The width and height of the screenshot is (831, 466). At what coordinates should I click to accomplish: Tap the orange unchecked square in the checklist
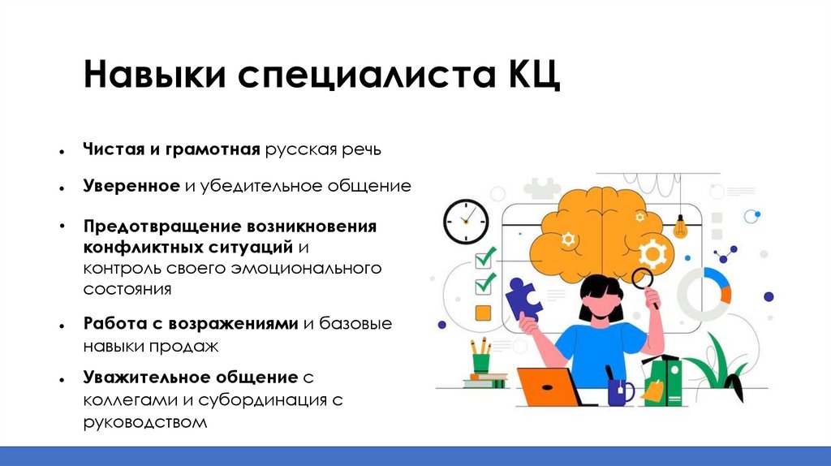483,313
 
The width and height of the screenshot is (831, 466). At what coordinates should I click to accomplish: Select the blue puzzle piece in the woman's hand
523,300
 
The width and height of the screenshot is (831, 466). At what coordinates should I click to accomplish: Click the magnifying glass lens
643,278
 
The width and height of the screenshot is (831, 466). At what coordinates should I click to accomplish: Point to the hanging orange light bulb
680,228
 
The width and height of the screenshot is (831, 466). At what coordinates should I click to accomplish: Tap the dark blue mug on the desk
619,392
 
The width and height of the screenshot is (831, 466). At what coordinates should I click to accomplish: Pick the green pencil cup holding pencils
481,363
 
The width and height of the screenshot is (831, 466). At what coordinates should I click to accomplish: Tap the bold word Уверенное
131,186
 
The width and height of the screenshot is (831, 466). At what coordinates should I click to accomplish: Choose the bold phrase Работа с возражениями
191,323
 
